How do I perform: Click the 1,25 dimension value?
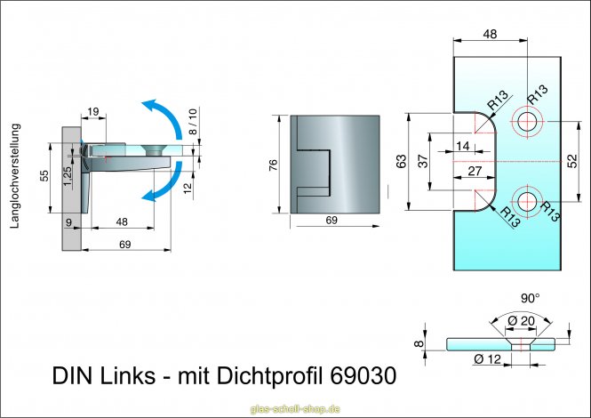(68, 175)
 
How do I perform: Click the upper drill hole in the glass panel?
(529, 122)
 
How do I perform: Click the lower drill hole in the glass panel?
(529, 201)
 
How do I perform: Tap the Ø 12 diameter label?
(487, 358)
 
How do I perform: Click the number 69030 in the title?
(363, 366)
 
